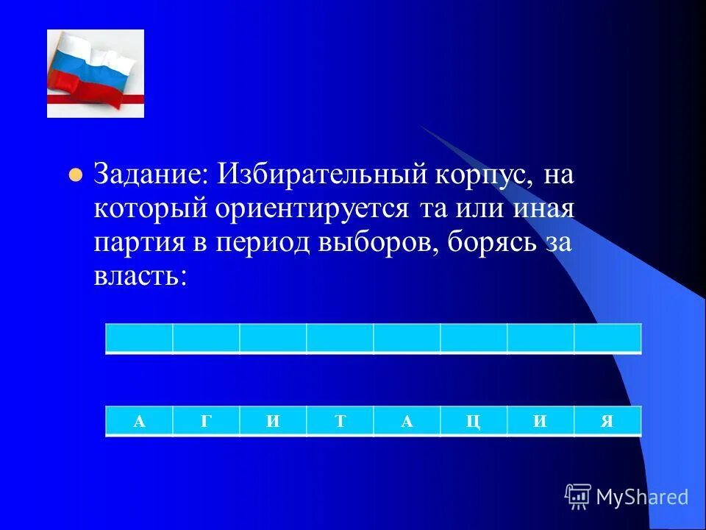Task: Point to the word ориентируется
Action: (311, 209)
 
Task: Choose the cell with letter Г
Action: (206, 421)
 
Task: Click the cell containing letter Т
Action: (340, 421)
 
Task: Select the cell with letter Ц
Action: (474, 421)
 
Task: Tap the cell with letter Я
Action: (607, 421)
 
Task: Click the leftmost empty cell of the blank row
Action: (140, 339)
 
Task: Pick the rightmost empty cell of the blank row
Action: (607, 339)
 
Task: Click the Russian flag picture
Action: (96, 74)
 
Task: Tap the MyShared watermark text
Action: (642, 497)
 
